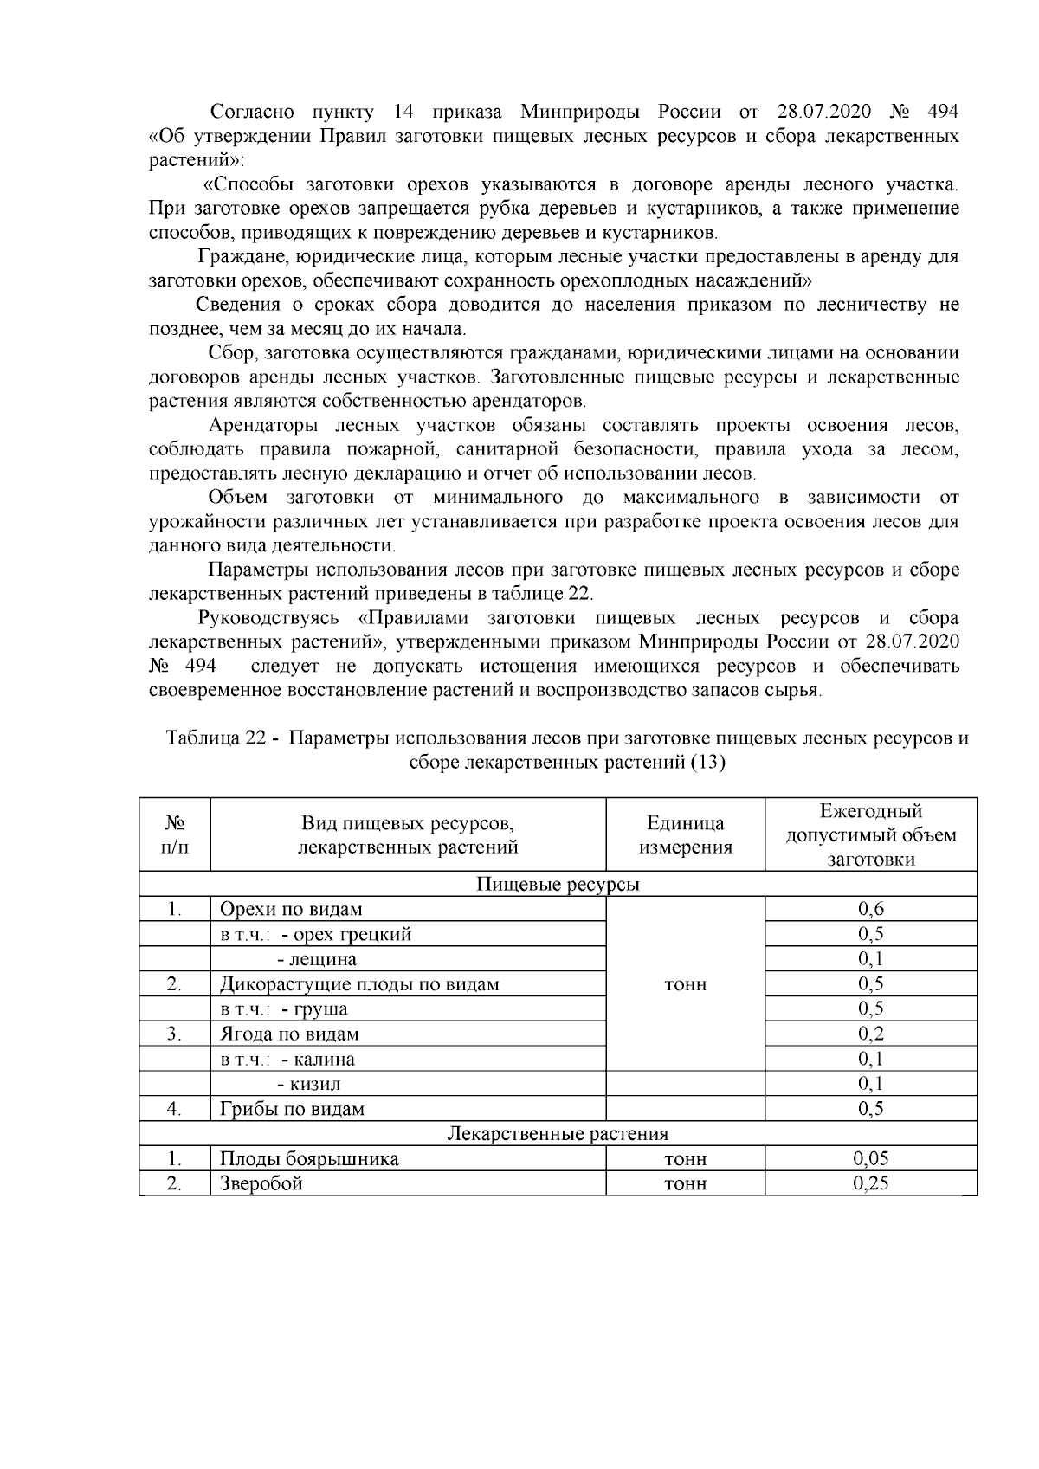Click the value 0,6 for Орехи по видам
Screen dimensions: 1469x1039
pyautogui.click(x=870, y=909)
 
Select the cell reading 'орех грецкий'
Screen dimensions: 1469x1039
pyautogui.click(x=346, y=934)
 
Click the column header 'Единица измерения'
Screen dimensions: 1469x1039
pyautogui.click(x=685, y=835)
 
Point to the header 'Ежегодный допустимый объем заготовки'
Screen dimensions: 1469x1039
pyautogui.click(x=870, y=835)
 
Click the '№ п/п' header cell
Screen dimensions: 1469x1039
pyautogui.click(x=174, y=835)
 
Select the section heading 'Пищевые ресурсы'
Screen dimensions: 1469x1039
pyautogui.click(x=558, y=885)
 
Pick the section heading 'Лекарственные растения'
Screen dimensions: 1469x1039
pyautogui.click(x=558, y=1134)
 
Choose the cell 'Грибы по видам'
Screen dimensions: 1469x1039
pyautogui.click(x=292, y=1109)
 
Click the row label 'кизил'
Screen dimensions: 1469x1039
pyautogui.click(x=309, y=1084)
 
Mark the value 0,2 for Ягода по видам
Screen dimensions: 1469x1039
pyautogui.click(x=870, y=1034)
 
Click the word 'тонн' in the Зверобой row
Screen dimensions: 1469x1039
pyautogui.click(x=685, y=1184)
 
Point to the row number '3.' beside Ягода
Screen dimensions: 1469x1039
pyautogui.click(x=174, y=1034)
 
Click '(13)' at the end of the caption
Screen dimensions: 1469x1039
pyautogui.click(x=707, y=763)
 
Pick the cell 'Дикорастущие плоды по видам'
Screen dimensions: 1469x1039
pyautogui.click(x=359, y=984)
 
